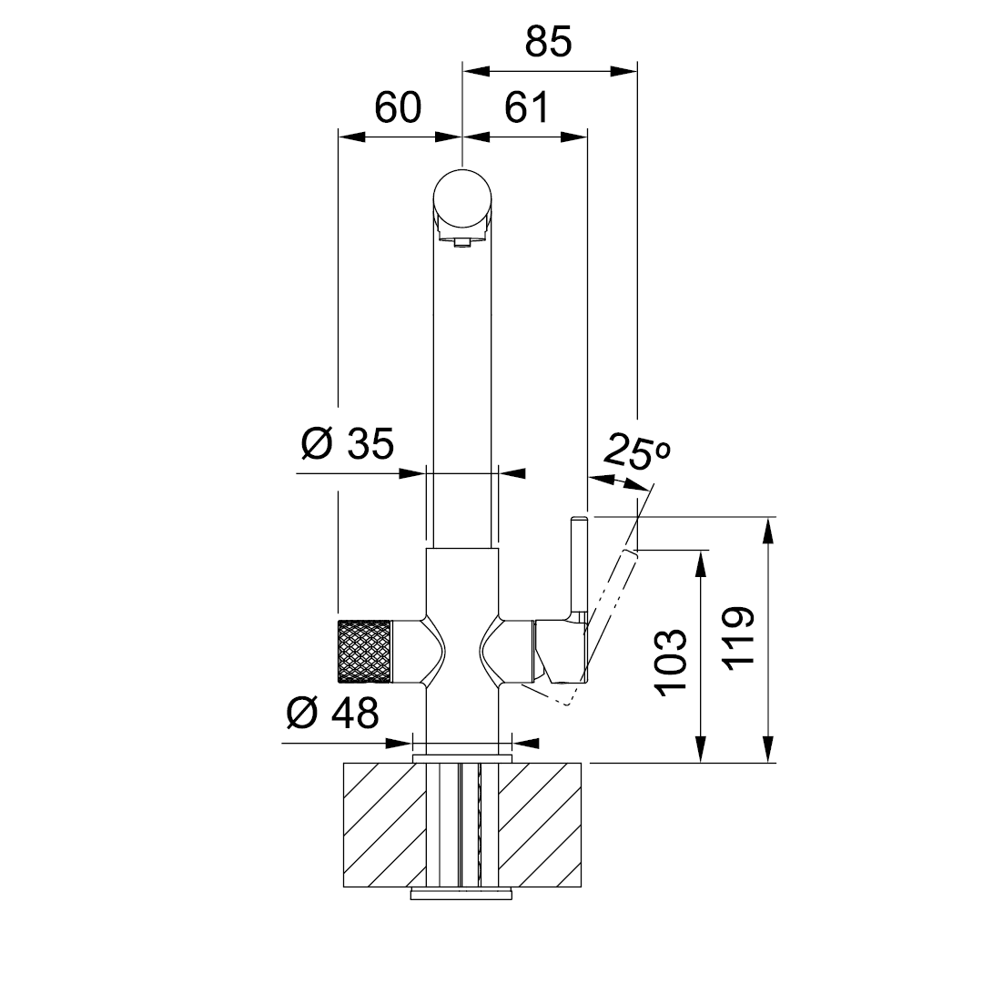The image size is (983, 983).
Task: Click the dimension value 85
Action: [549, 42]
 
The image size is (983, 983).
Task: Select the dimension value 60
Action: [398, 107]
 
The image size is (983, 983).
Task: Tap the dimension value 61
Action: [527, 107]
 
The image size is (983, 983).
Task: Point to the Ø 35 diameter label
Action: [348, 444]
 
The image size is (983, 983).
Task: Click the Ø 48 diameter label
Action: [333, 713]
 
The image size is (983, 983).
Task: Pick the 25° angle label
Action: [637, 451]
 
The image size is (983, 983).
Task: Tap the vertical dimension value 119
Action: [739, 638]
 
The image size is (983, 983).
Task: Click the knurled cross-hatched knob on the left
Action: [364, 652]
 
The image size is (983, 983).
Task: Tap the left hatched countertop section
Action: [384, 825]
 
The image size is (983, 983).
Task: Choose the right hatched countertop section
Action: [540, 825]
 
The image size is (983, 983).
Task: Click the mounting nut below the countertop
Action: [462, 894]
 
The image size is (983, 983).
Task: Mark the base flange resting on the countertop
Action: [462, 759]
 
